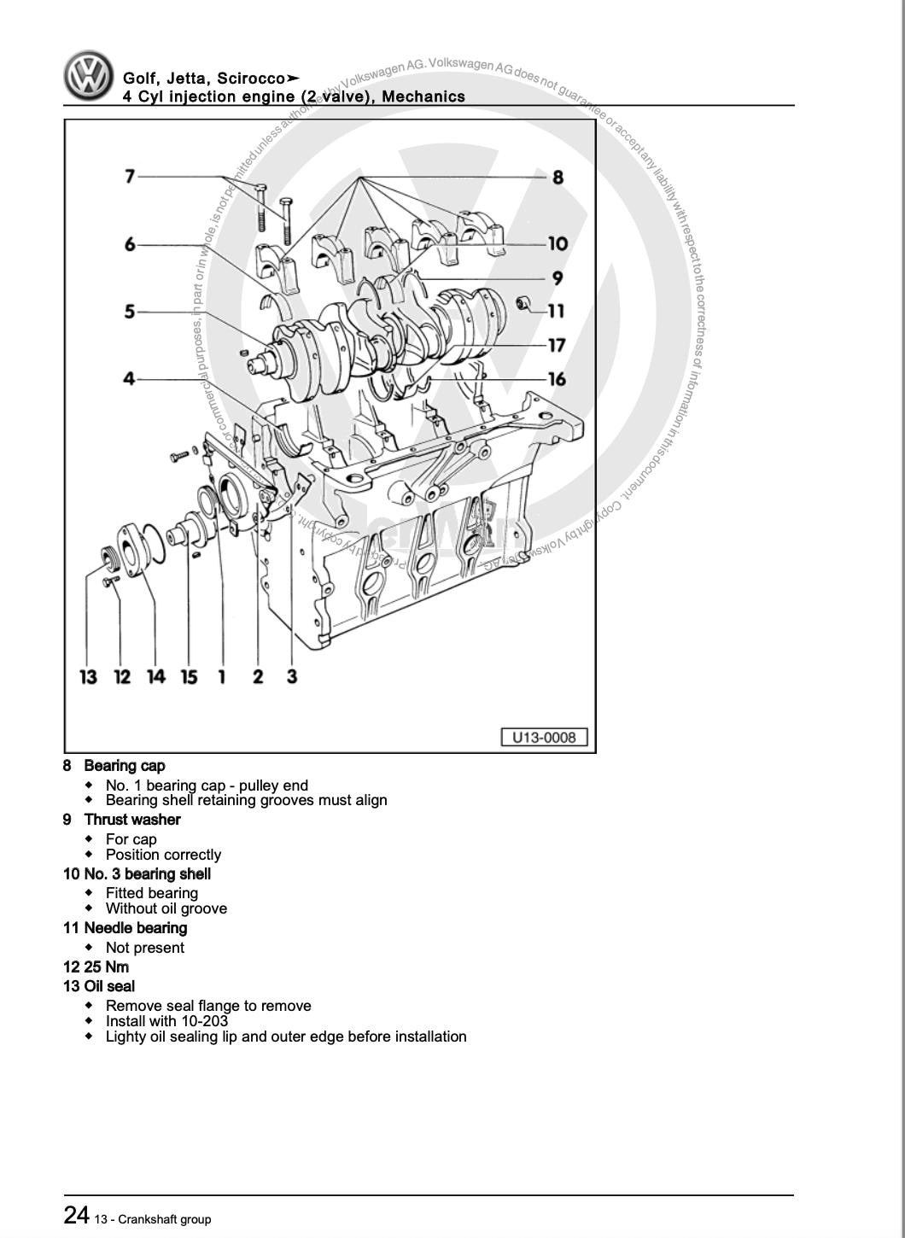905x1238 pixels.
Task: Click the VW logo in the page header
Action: (x=88, y=77)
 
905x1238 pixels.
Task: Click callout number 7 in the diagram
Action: (x=130, y=177)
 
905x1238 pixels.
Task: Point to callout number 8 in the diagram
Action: (x=558, y=177)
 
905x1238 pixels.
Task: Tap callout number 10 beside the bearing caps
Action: (x=558, y=244)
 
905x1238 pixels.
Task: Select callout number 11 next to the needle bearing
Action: (x=556, y=311)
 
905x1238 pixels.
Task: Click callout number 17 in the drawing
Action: (x=557, y=345)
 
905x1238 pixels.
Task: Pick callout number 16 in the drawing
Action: (x=557, y=378)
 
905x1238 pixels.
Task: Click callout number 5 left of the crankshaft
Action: (x=130, y=312)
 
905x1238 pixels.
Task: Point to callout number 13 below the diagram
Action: (x=88, y=677)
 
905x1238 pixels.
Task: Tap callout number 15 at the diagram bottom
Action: (x=189, y=677)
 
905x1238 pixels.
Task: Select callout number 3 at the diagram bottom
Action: (x=291, y=676)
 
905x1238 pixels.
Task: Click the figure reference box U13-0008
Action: (x=544, y=737)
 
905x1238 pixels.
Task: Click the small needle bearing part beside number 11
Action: (x=524, y=303)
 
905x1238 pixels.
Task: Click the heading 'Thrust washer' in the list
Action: (x=132, y=820)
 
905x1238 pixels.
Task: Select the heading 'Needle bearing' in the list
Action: (x=135, y=928)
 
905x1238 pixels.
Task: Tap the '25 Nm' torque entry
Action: (x=106, y=967)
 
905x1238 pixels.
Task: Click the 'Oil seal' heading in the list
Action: (x=109, y=986)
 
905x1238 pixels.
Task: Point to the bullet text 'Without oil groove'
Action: (x=166, y=908)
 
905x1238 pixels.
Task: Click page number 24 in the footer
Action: (x=76, y=1215)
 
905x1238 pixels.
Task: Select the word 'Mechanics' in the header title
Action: (x=423, y=96)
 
